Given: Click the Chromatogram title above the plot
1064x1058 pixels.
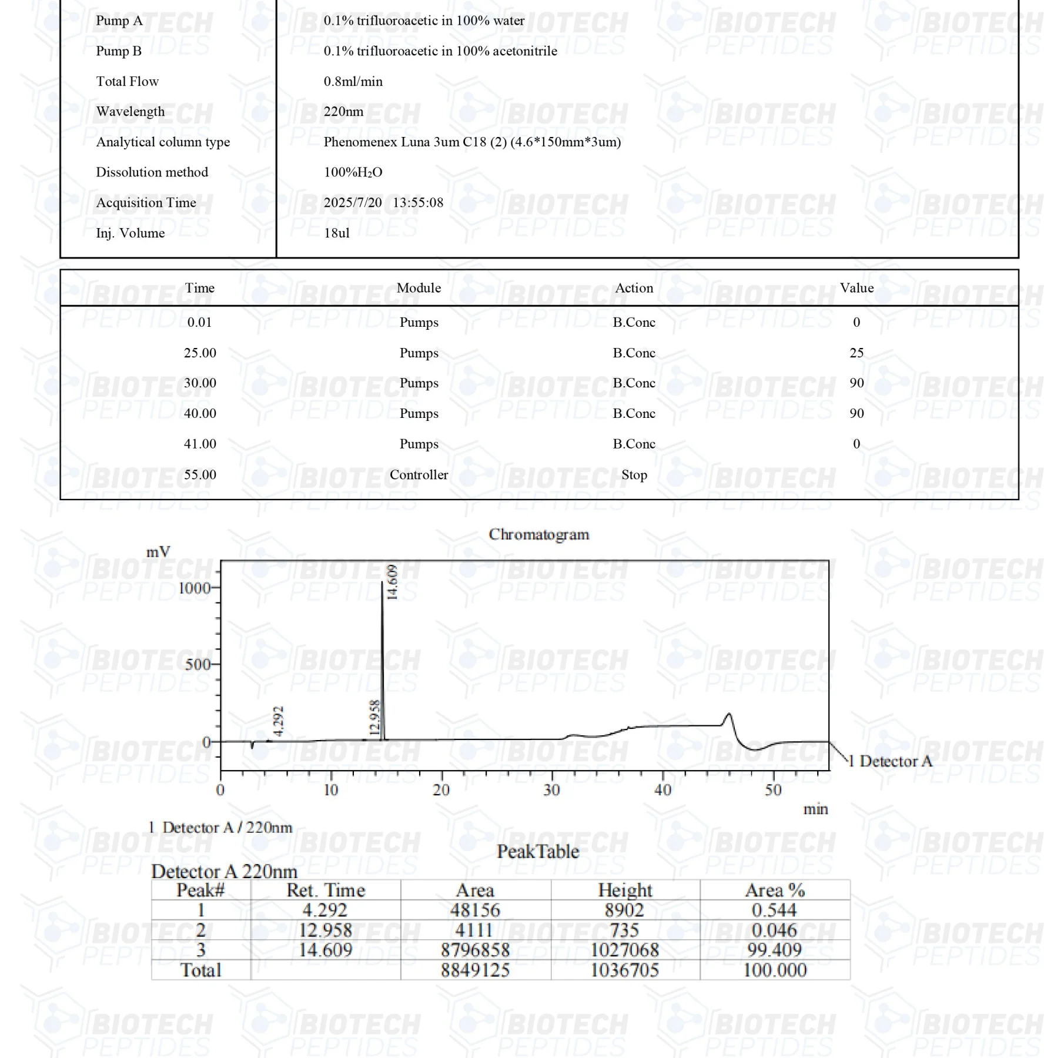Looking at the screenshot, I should click(538, 534).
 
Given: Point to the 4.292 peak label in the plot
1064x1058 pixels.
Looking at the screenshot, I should click(279, 721).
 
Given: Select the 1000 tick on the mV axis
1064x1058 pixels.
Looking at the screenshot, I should click(194, 588).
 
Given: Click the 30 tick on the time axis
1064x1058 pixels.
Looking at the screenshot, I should click(552, 790).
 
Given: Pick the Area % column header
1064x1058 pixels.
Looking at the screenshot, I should click(775, 890).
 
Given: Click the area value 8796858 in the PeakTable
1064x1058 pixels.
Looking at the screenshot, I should click(475, 950).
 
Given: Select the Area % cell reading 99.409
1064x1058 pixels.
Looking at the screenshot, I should click(775, 950).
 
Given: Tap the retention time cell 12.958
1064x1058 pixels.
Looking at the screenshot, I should click(325, 930).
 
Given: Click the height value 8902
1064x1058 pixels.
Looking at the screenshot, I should click(624, 910).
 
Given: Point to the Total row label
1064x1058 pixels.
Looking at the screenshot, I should click(200, 970).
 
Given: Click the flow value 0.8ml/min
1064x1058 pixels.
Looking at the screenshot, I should click(353, 82).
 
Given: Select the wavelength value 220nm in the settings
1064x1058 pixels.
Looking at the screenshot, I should click(343, 112).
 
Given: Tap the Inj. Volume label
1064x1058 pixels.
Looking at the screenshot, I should click(130, 233).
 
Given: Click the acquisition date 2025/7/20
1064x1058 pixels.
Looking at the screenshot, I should click(352, 203).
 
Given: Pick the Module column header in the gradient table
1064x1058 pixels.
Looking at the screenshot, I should click(419, 288).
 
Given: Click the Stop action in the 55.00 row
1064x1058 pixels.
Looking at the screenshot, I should click(634, 475).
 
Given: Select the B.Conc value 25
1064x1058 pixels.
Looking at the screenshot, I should click(856, 353).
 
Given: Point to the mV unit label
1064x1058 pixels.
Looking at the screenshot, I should click(158, 552).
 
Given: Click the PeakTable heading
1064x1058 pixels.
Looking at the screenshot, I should click(538, 852).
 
